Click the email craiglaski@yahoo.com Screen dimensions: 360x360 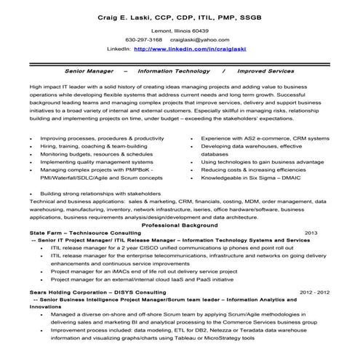point(200,40)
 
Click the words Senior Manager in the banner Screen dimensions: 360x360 point(90,72)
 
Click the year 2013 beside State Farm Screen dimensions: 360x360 point(311,233)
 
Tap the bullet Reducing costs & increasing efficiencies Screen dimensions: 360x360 point(255,168)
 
